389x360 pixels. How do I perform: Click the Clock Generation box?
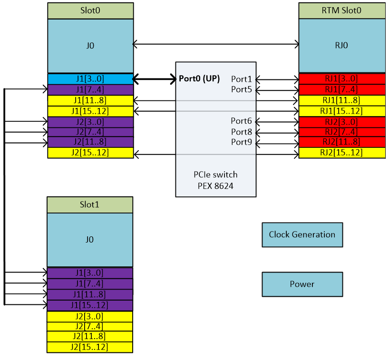pyautogui.click(x=302, y=234)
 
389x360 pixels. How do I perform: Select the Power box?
pyautogui.click(x=302, y=284)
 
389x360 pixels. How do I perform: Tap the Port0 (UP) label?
pyautogui.click(x=199, y=79)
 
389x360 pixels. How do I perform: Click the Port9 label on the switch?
pyautogui.click(x=242, y=142)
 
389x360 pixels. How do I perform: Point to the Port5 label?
pyautogui.click(x=242, y=89)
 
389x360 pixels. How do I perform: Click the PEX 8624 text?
pyautogui.click(x=216, y=185)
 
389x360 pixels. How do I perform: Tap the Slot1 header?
pyautogui.click(x=90, y=204)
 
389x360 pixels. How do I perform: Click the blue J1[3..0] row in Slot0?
pyautogui.click(x=90, y=79)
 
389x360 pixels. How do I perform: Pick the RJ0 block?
pyautogui.click(x=341, y=46)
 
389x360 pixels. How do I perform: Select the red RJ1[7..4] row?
pyautogui.click(x=341, y=89)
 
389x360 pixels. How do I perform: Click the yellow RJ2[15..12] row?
pyautogui.click(x=341, y=153)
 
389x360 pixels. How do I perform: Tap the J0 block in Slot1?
pyautogui.click(x=90, y=240)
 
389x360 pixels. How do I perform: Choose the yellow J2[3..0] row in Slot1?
pyautogui.click(x=90, y=316)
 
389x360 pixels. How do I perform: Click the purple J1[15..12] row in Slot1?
pyautogui.click(x=90, y=305)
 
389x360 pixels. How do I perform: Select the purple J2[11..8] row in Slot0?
pyautogui.click(x=90, y=142)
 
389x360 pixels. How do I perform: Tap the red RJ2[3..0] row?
pyautogui.click(x=341, y=121)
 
